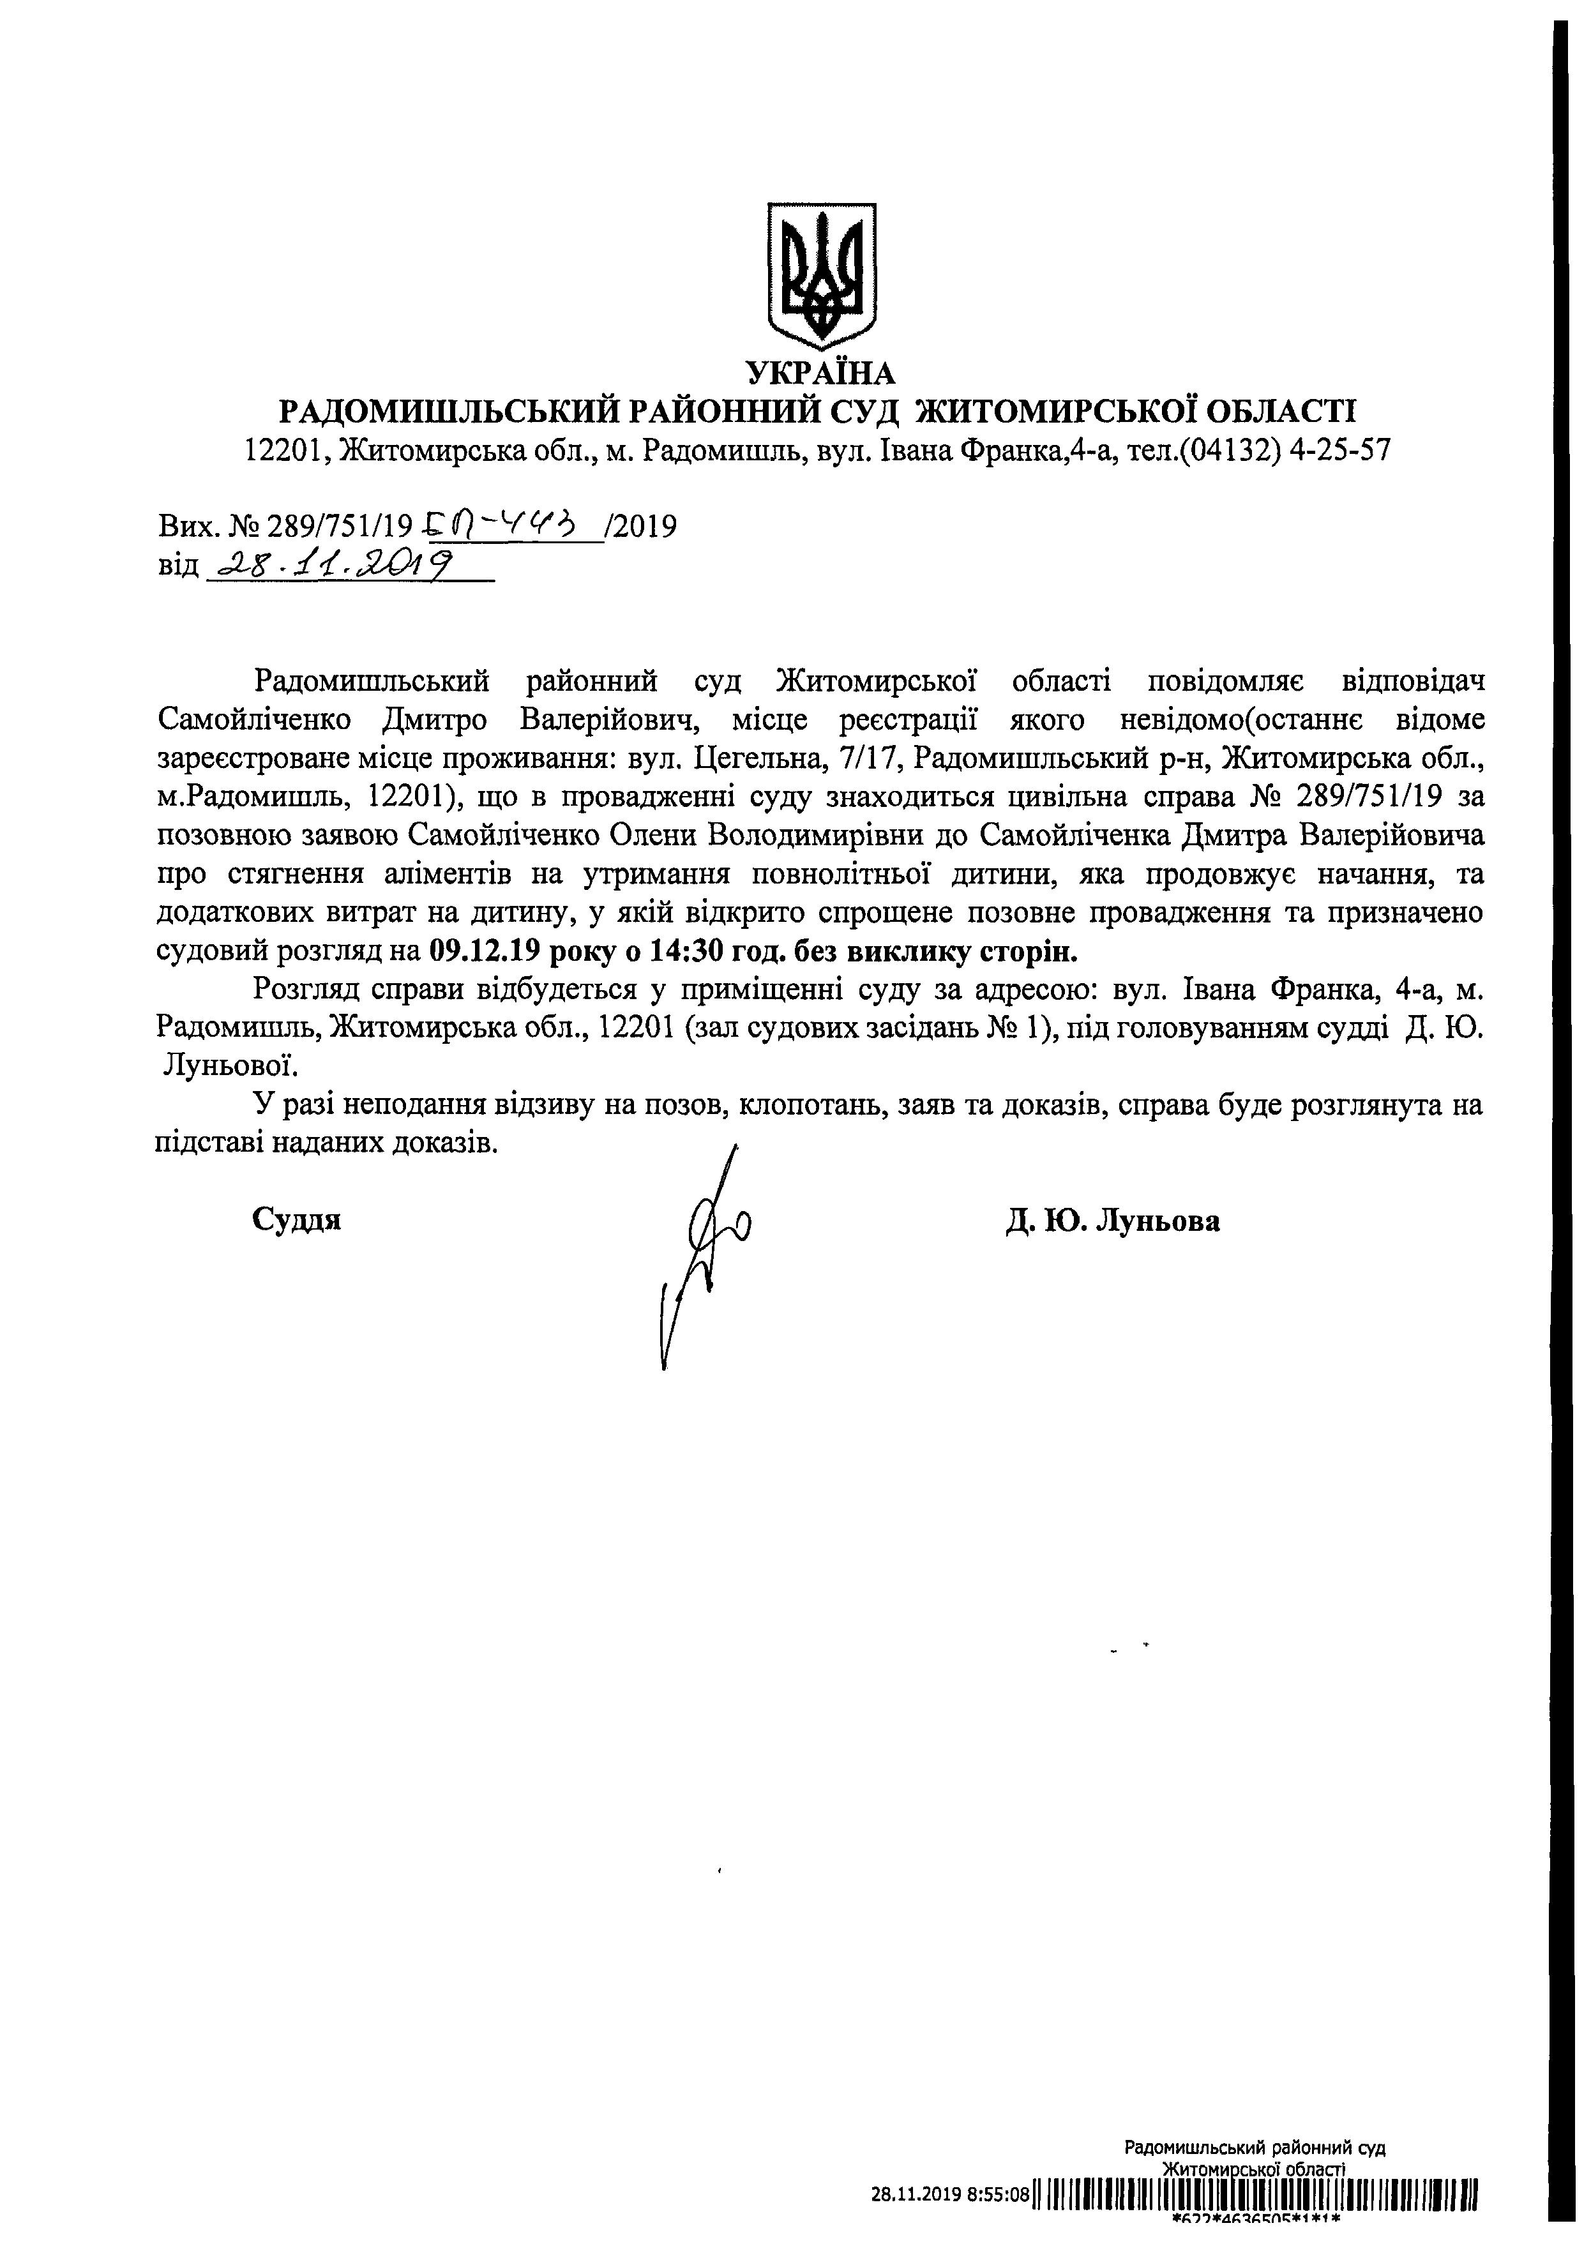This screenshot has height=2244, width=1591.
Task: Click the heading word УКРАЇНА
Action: click(x=821, y=373)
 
